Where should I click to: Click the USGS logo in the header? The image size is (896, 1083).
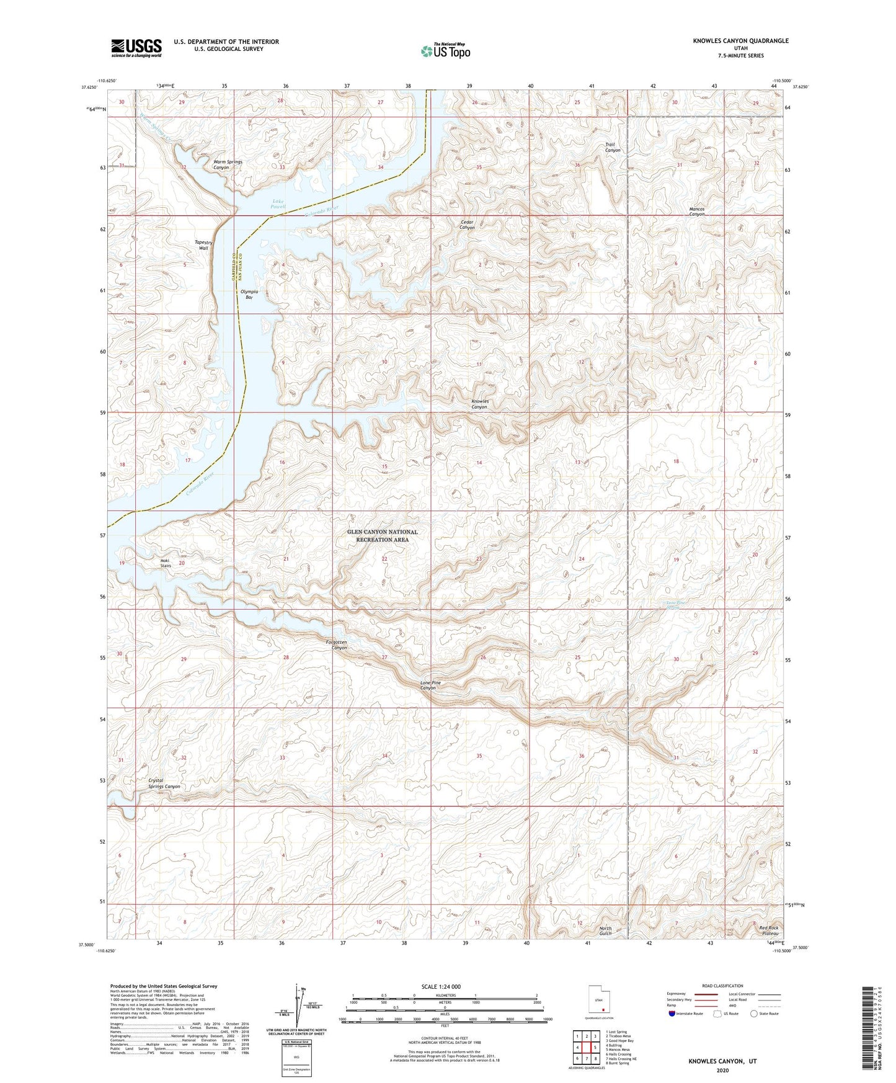pos(136,48)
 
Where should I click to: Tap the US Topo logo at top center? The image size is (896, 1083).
pos(445,51)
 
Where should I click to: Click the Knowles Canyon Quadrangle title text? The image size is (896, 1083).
pos(740,41)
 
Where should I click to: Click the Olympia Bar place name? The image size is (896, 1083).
pos(249,295)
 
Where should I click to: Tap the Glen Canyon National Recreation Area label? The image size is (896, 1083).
pos(382,536)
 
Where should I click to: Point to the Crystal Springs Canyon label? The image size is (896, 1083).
pos(164,783)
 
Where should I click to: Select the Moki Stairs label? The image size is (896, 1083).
pos(166,563)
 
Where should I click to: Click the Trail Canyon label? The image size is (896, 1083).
pos(612,147)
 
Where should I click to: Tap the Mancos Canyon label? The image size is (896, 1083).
pos(696,212)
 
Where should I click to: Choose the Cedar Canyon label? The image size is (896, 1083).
pos(467,225)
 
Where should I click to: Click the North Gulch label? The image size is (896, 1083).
pos(605,930)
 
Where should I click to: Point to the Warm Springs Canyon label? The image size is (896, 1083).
pos(228,164)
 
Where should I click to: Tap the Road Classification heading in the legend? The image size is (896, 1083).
pos(722,986)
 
